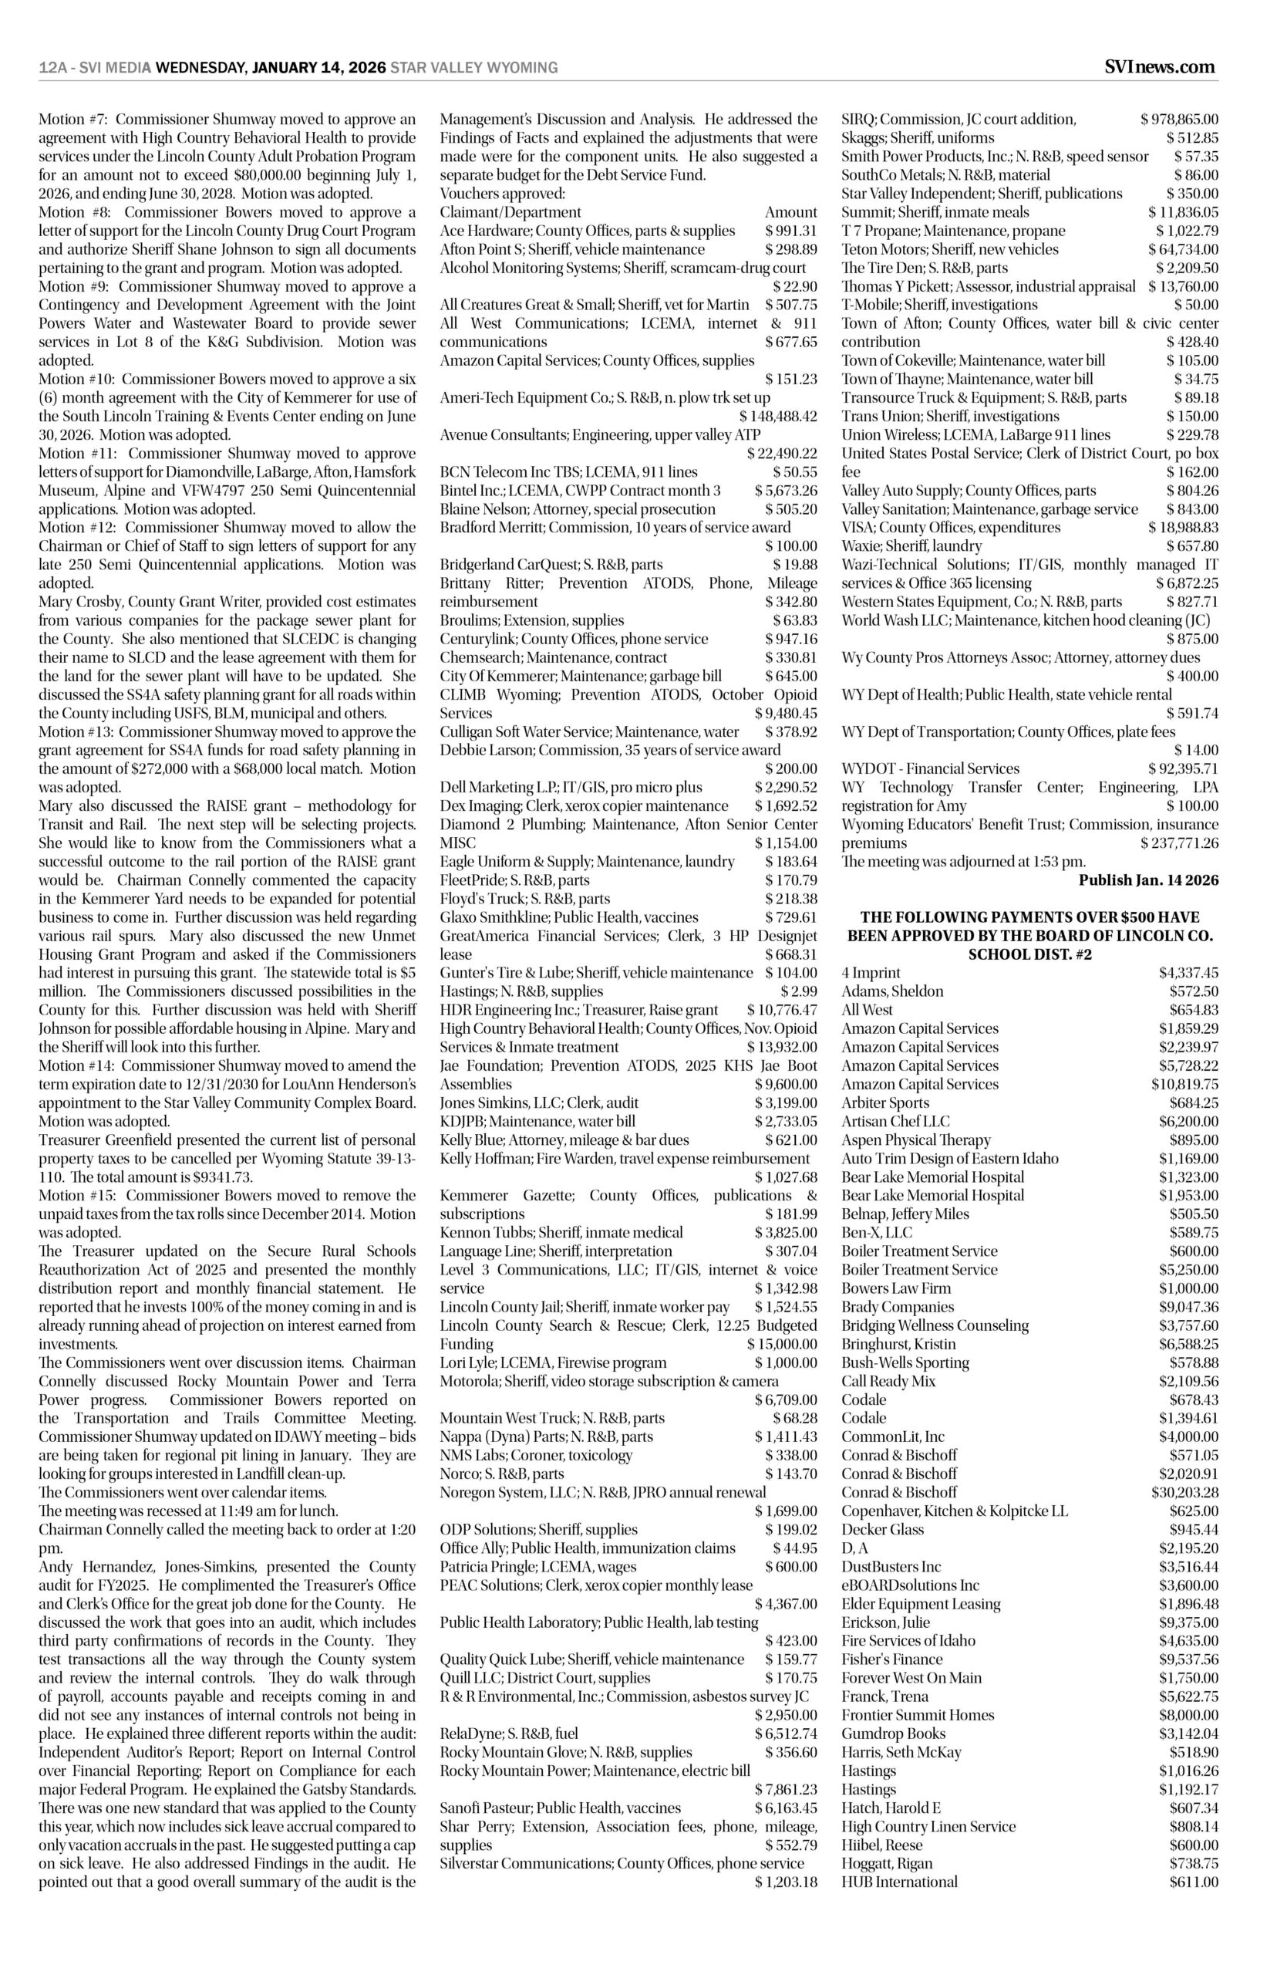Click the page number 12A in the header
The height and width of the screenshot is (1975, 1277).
(x=52, y=68)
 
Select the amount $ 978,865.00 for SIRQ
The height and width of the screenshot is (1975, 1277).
(x=1179, y=120)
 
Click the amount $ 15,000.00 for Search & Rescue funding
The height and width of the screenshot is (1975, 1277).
(x=782, y=1344)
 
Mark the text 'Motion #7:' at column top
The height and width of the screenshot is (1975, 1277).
(x=73, y=120)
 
